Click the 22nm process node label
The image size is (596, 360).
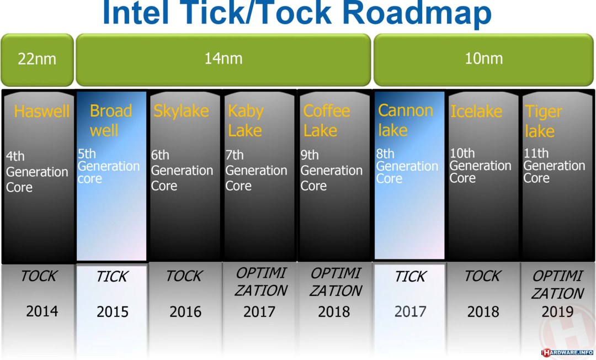pyautogui.click(x=37, y=59)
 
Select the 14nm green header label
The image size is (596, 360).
pyautogui.click(x=223, y=58)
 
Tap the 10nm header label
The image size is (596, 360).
pyautogui.click(x=484, y=58)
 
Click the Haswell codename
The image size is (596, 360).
pyautogui.click(x=42, y=112)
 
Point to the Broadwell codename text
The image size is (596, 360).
pyautogui.click(x=110, y=120)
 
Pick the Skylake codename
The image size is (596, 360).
pyautogui.click(x=181, y=111)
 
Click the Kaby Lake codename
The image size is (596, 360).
pyautogui.click(x=246, y=120)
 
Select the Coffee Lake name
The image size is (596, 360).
pyautogui.click(x=327, y=120)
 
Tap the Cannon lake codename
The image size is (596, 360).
pyautogui.click(x=405, y=120)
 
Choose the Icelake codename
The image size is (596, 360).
pyautogui.click(x=476, y=112)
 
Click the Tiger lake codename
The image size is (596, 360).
pyautogui.click(x=543, y=121)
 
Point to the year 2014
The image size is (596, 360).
pyautogui.click(x=42, y=311)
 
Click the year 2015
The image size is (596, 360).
pyautogui.click(x=113, y=312)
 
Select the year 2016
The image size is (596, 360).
pyautogui.click(x=185, y=312)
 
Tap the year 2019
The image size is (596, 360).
pyautogui.click(x=557, y=312)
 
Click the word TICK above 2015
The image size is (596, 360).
pyautogui.click(x=112, y=277)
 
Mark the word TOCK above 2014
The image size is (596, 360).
pyautogui.click(x=39, y=276)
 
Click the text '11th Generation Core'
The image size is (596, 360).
pyautogui.click(x=554, y=165)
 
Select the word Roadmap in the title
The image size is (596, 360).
pyautogui.click(x=417, y=13)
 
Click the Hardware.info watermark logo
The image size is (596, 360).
pyautogui.click(x=568, y=353)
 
